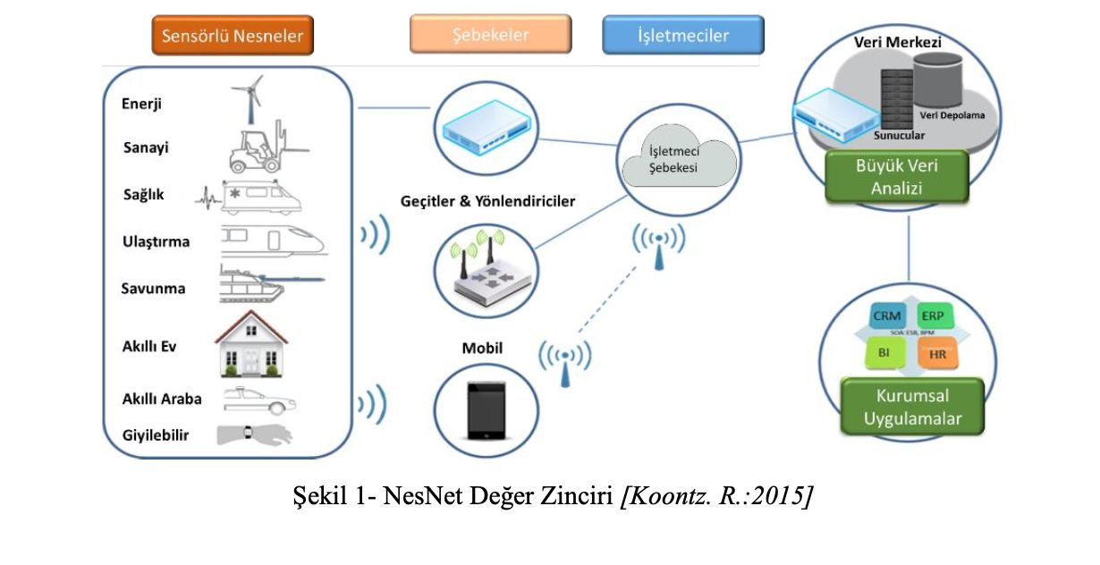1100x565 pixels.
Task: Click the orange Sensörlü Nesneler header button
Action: (233, 36)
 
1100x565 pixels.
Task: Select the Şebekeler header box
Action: (490, 35)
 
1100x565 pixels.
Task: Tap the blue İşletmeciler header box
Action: (683, 36)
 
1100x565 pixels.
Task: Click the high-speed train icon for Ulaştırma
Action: (273, 240)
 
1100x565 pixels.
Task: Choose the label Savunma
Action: (155, 288)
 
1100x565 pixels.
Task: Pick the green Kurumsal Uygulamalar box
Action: (912, 407)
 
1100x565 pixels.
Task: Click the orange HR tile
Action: (936, 353)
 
